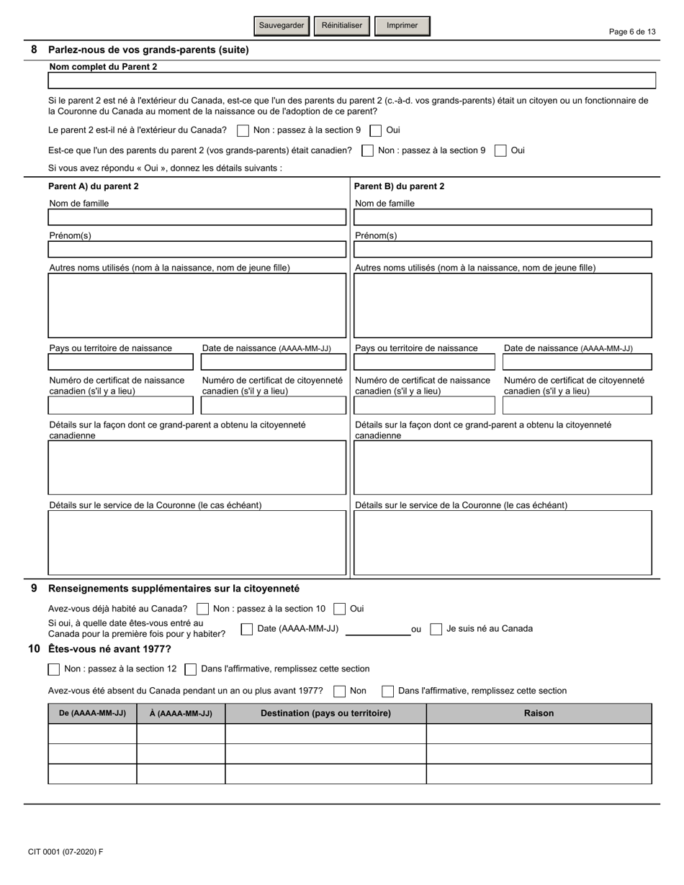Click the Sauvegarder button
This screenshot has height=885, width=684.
(x=282, y=26)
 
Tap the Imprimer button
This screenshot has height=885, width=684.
(x=402, y=26)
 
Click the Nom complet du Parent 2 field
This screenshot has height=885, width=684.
(x=351, y=80)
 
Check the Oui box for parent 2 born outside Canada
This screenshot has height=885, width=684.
(x=376, y=131)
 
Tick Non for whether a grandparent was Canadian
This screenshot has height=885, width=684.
(x=367, y=151)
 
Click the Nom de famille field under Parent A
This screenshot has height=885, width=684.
(x=197, y=217)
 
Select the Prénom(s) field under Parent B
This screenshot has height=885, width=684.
(x=503, y=250)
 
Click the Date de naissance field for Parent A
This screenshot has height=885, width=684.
(x=273, y=362)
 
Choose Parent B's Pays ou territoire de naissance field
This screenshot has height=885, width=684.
(x=425, y=362)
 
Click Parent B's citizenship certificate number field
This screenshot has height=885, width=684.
(x=577, y=406)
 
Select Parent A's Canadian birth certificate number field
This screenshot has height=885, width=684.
(x=120, y=406)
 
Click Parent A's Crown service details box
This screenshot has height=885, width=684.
(x=197, y=543)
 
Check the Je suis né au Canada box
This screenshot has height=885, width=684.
(x=436, y=630)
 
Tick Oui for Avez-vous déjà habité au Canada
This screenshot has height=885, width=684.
(x=340, y=609)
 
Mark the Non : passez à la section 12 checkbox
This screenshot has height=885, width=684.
(x=54, y=670)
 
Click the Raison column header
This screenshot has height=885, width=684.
(x=539, y=714)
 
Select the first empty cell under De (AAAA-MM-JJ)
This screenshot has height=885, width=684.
(x=92, y=734)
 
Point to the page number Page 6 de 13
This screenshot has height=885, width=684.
(x=632, y=32)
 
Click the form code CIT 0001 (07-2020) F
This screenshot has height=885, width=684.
(x=66, y=852)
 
